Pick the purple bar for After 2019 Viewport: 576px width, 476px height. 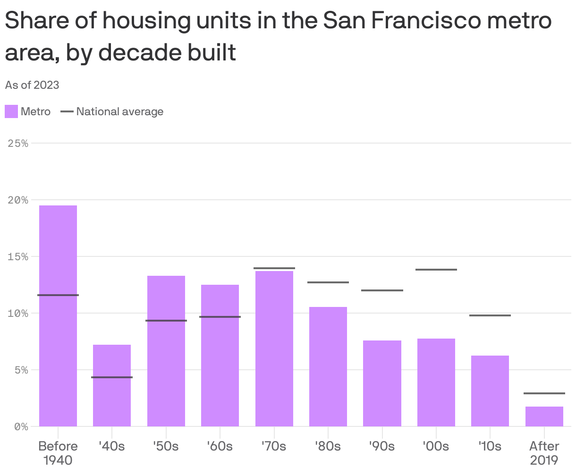pos(544,416)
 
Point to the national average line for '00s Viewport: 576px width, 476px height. pos(436,270)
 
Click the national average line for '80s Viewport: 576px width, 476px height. pos(328,282)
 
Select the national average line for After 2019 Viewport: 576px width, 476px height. pos(544,393)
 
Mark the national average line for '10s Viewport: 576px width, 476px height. pos(490,315)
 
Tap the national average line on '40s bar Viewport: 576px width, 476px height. pos(112,377)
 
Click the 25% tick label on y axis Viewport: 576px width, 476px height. pos(18,143)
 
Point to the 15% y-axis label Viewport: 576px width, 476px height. pos(18,256)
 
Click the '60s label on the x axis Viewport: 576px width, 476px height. pos(220,446)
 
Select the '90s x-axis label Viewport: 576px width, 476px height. pos(382,446)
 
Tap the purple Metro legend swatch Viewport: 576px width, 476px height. pos(11,111)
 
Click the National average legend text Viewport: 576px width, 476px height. pos(120,111)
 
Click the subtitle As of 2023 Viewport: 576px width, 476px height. pos(32,85)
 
